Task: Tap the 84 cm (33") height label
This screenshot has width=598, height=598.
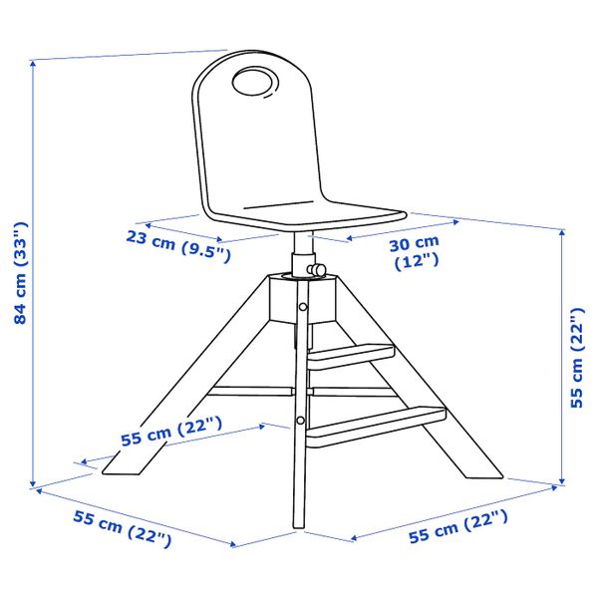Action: click(20, 273)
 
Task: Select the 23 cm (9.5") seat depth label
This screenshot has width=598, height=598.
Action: click(178, 246)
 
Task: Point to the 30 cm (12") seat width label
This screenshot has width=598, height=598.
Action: click(415, 252)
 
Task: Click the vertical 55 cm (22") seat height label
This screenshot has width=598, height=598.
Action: click(577, 357)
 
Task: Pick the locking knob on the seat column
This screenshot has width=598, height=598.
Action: click(317, 269)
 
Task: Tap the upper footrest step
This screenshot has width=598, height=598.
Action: click(351, 357)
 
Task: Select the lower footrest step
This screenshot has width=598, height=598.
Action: click(376, 427)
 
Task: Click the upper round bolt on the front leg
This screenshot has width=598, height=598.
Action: click(303, 307)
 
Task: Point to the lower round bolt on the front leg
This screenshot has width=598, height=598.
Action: click(301, 421)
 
